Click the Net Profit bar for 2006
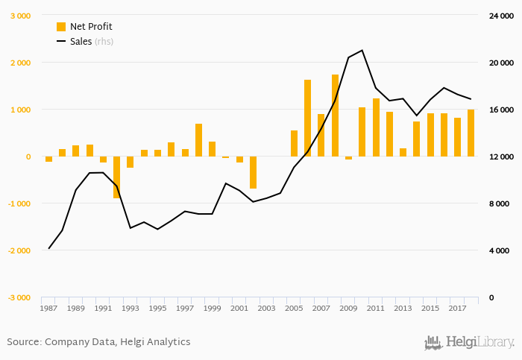[307, 118]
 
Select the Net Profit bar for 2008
[335, 116]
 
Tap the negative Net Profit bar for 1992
[116, 177]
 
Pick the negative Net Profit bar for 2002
[253, 172]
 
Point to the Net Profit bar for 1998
[198, 140]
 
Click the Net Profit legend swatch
[61, 27]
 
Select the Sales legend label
[80, 41]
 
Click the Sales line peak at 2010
[362, 50]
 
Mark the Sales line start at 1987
[48, 248]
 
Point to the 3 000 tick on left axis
[20, 16]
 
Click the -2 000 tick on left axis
[19, 250]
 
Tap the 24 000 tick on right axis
[499, 16]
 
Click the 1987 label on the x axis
[48, 308]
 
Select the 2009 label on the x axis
[348, 308]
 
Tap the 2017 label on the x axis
[457, 308]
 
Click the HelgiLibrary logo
[469, 343]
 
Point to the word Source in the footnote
[24, 342]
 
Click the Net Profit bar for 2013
[403, 152]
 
